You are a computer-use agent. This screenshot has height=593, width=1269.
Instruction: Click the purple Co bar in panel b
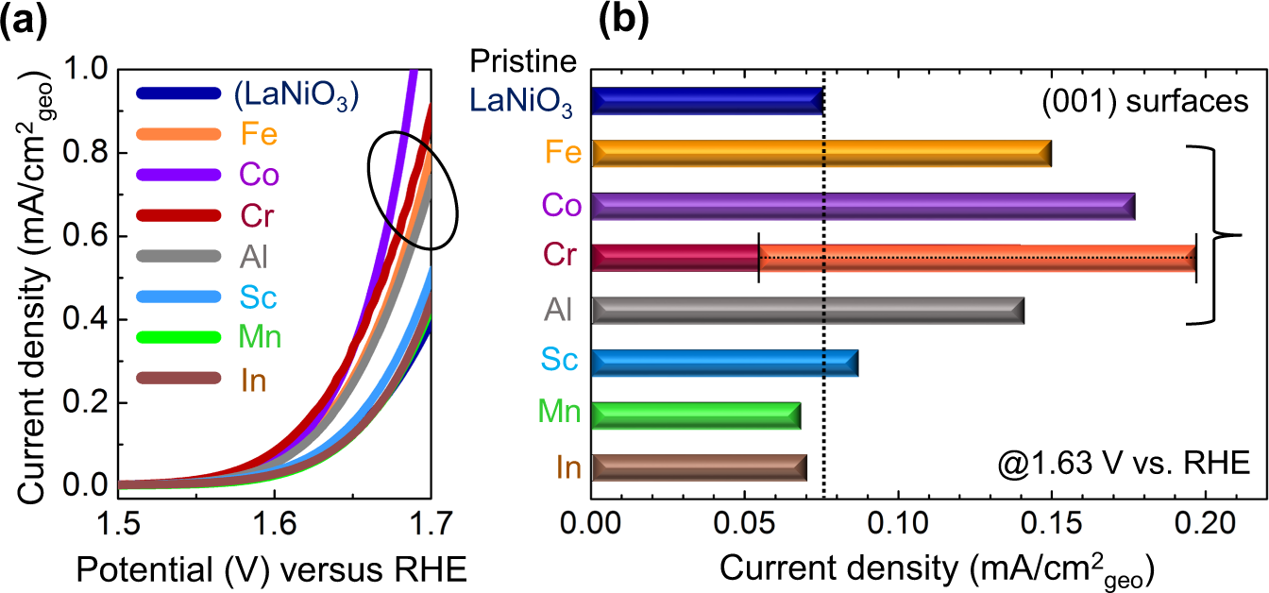click(863, 206)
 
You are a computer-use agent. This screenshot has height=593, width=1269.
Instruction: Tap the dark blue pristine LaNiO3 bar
click(708, 101)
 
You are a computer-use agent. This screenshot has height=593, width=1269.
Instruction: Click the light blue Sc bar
click(724, 363)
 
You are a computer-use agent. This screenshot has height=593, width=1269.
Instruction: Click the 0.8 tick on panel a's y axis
click(87, 153)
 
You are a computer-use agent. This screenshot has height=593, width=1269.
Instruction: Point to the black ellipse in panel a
click(413, 188)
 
